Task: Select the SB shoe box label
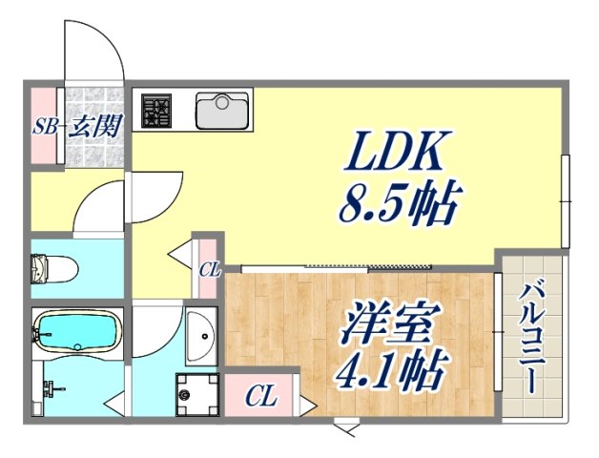(x=44, y=128)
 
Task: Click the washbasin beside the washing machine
(x=201, y=336)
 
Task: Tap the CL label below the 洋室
(x=262, y=396)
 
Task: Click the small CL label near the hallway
(x=208, y=270)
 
